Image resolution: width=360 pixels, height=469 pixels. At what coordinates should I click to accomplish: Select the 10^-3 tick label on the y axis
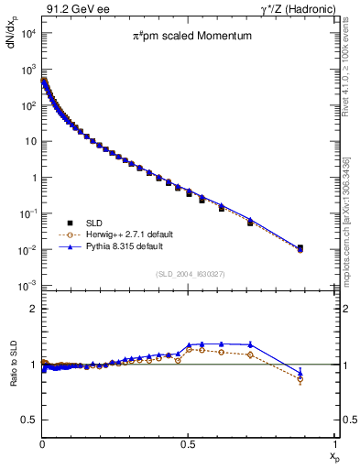pos(26,286)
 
